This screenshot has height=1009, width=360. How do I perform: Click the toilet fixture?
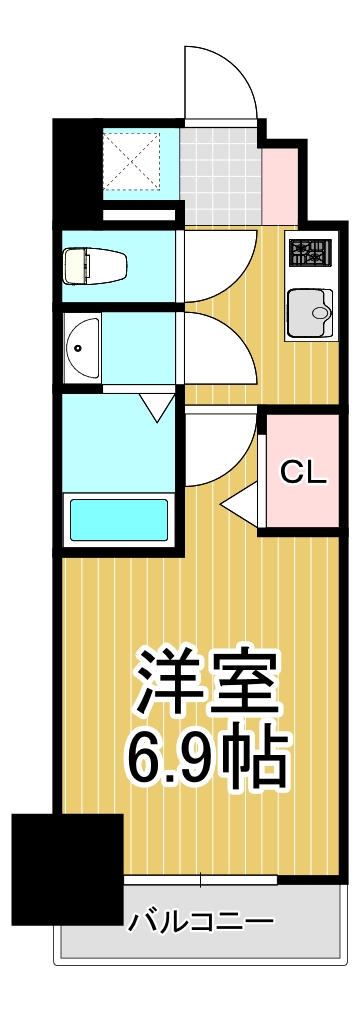point(95,266)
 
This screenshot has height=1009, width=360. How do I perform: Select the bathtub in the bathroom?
point(118,520)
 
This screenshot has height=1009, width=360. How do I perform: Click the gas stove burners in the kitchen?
point(311,252)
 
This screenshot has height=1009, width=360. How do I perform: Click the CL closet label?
point(303,472)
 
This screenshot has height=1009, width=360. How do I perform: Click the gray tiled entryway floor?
point(220,175)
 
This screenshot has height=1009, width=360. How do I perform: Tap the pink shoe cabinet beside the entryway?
point(279,180)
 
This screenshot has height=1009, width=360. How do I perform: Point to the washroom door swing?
point(215,350)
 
